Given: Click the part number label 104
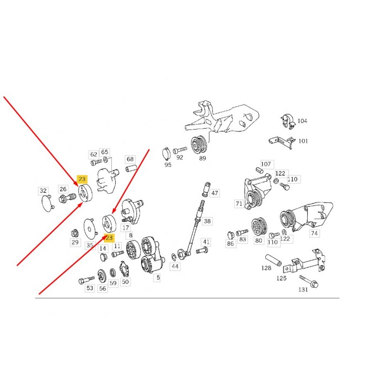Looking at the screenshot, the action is point(302,121).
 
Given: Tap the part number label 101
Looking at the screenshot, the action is point(303,141).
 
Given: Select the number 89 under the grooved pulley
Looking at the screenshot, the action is point(202,158).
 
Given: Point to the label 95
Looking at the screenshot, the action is point(168,165).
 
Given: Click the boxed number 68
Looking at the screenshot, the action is point(130,159).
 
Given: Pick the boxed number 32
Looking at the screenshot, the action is point(43,191).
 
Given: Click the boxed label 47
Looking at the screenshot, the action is point(215,193).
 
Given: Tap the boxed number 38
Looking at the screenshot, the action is point(207,221).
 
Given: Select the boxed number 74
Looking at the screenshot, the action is point(314,233).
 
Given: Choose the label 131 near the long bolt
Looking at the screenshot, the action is point(303,290).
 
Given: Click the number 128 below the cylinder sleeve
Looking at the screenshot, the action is point(266,268).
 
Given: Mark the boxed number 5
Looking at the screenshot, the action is point(158,278).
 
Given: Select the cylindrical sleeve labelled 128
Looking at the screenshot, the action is point(273,260).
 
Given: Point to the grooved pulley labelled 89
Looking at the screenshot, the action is point(199,145).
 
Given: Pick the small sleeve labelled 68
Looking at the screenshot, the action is point(131,168).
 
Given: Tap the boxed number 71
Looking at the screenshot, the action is point(239,204).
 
